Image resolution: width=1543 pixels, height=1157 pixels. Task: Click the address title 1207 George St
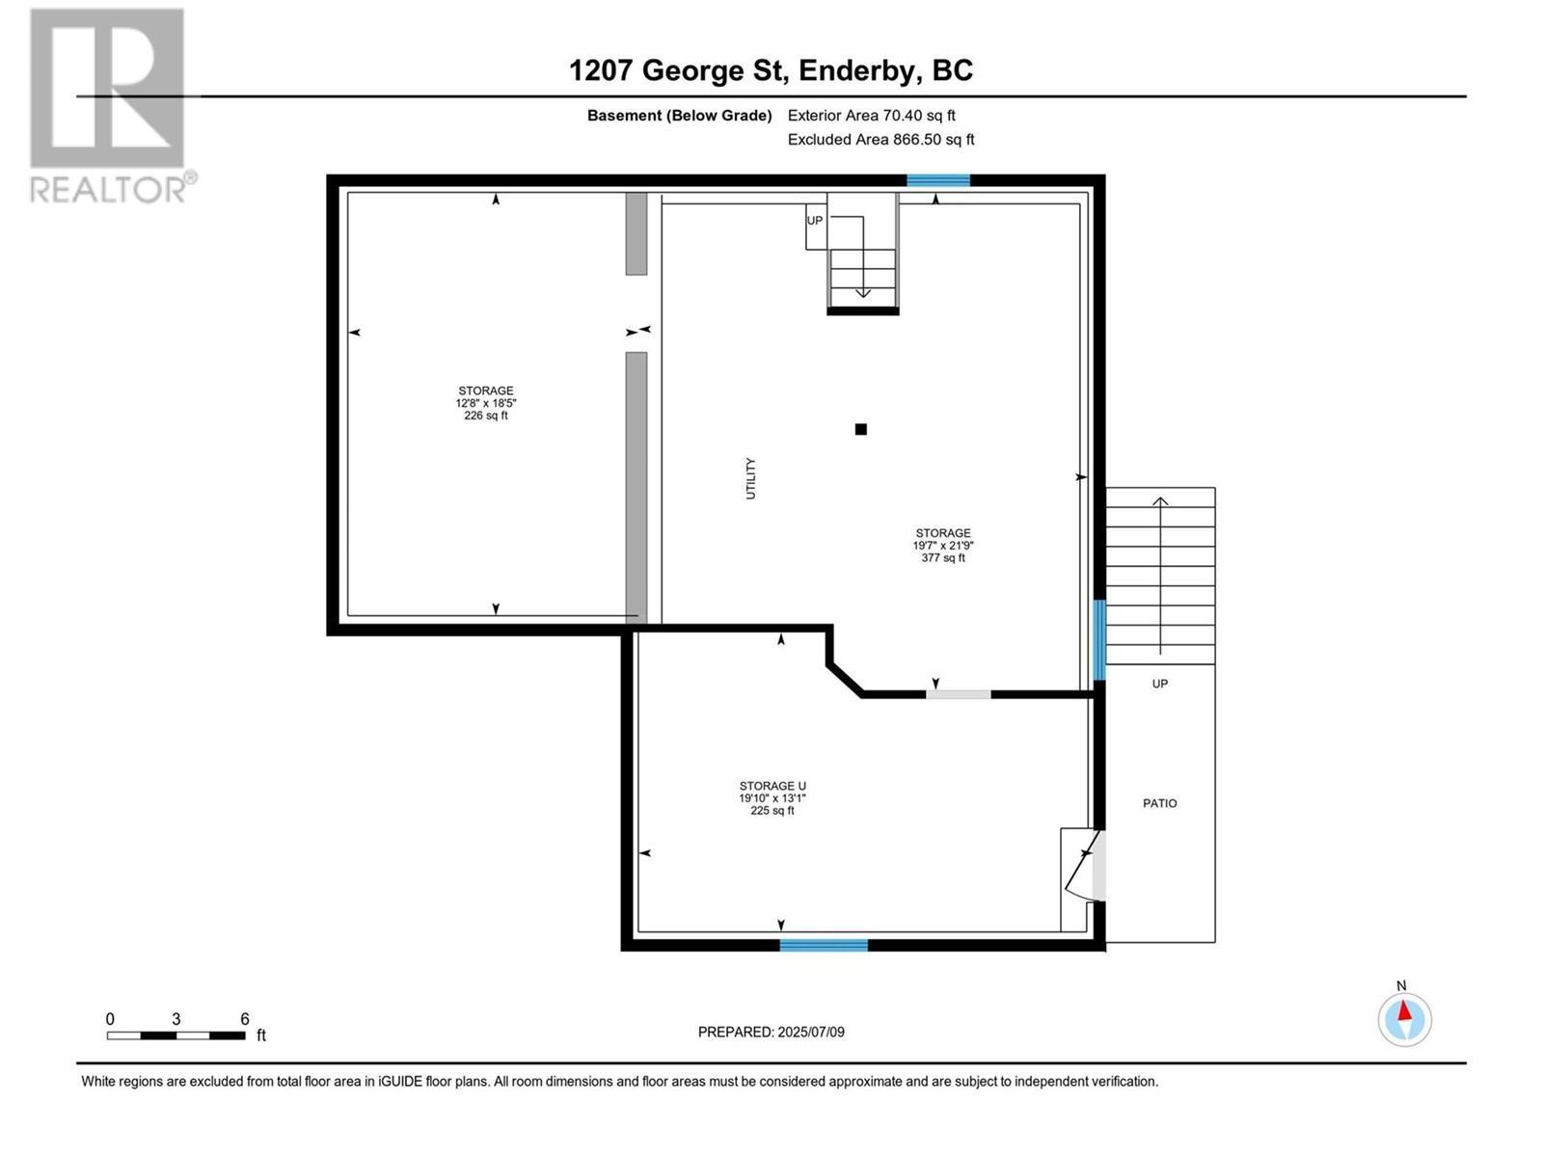[771, 70]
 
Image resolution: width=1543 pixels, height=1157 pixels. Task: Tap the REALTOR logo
[109, 106]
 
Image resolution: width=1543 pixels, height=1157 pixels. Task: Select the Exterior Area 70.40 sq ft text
[871, 116]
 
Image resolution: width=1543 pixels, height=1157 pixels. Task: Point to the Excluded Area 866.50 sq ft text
[880, 140]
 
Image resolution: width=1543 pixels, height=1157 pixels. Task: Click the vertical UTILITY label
[751, 478]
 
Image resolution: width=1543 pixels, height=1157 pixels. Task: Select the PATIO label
[1159, 803]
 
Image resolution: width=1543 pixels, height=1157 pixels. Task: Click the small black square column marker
[861, 430]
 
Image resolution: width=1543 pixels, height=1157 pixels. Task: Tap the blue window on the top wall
[937, 180]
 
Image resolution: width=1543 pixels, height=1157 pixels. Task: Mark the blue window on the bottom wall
[824, 945]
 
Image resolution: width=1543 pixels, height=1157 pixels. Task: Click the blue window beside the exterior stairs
[1098, 640]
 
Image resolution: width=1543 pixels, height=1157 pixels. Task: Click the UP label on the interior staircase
[815, 221]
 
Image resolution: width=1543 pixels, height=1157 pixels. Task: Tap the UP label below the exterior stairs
[1159, 684]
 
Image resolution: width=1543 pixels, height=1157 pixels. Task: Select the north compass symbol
[1404, 1018]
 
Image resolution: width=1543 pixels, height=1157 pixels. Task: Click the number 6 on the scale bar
[245, 1019]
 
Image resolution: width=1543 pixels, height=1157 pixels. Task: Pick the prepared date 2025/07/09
[810, 1032]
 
